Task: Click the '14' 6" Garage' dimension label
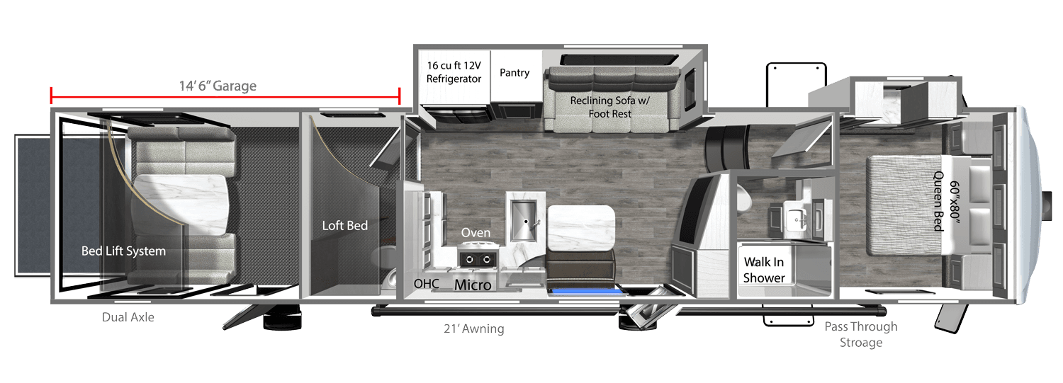click(218, 86)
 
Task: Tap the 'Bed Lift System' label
click(123, 251)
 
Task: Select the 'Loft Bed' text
click(345, 226)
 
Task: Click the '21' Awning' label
click(473, 328)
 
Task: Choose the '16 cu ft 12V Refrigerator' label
click(454, 72)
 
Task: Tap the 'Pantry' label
click(514, 72)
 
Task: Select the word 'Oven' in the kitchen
click(476, 232)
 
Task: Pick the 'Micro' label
click(473, 285)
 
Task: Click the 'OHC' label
click(427, 283)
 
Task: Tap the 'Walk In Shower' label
click(764, 270)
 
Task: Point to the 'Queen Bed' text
click(940, 201)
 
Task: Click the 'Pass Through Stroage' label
click(860, 334)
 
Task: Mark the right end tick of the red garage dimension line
click(400, 95)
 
